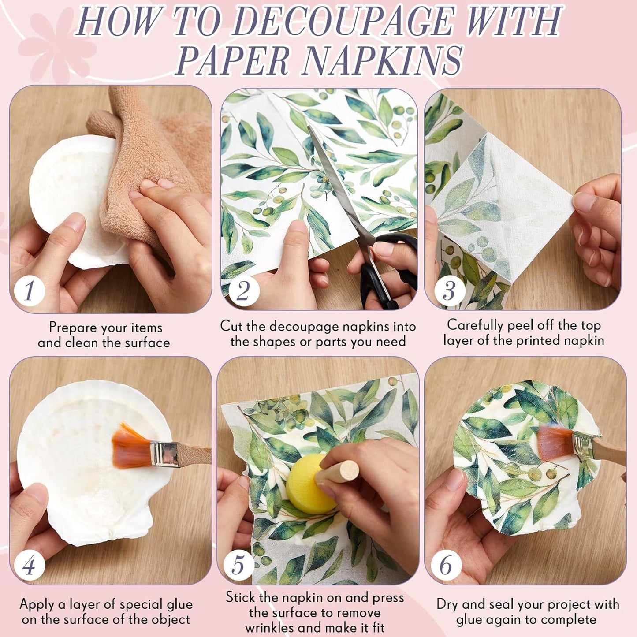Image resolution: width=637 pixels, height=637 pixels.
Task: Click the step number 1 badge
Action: [x=29, y=291]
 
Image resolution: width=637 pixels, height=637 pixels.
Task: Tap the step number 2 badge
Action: [x=243, y=291]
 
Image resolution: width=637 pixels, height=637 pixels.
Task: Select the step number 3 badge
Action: [x=449, y=291]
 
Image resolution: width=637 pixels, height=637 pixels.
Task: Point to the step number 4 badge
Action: [x=29, y=565]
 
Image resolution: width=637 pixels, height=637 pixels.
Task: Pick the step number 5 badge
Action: [x=238, y=565]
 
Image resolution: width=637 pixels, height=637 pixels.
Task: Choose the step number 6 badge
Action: [x=446, y=565]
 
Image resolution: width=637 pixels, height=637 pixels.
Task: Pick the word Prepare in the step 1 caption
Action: [x=73, y=328]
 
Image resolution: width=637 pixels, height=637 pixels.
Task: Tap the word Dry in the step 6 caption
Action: [x=447, y=604]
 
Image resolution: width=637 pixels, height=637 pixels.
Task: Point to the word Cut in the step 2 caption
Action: [x=231, y=327]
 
